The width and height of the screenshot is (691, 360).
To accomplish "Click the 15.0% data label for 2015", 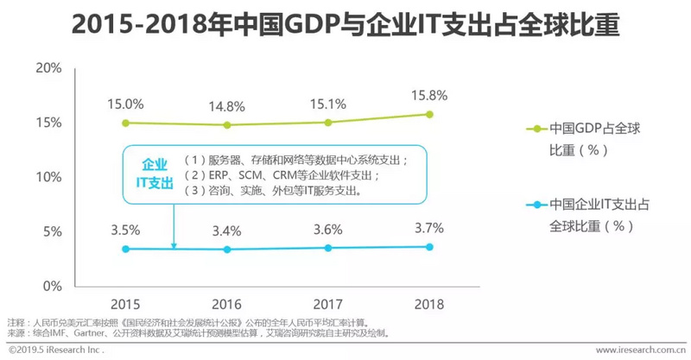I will point(125,104).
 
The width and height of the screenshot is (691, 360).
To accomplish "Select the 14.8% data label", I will point(228,107).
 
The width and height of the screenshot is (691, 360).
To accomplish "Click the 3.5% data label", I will point(125,231).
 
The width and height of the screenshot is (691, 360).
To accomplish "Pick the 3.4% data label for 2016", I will point(228,231).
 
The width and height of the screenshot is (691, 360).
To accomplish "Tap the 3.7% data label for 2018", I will point(429,228).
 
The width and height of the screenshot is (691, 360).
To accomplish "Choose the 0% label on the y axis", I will point(52,286).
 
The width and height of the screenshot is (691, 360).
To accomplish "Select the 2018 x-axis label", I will point(429,305).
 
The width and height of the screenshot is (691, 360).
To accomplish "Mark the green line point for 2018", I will point(429,114).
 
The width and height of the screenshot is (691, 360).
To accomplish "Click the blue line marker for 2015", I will point(125,249).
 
